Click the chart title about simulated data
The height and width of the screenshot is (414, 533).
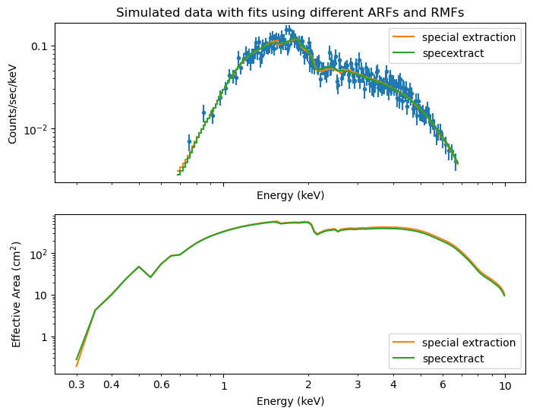(x=289, y=13)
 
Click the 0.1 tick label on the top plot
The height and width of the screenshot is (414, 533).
(x=39, y=46)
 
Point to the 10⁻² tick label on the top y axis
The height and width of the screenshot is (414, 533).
(x=36, y=129)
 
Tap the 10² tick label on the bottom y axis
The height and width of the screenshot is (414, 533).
(x=38, y=254)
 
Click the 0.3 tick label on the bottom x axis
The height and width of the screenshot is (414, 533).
(x=77, y=385)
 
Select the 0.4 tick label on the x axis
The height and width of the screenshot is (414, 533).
(x=112, y=385)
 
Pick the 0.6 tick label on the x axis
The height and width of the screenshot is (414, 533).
(x=161, y=385)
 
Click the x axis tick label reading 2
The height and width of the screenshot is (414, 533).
(x=307, y=385)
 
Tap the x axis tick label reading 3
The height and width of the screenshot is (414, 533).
(x=358, y=385)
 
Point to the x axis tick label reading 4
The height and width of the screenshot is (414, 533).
(x=393, y=385)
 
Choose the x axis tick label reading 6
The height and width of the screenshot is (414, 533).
(x=443, y=385)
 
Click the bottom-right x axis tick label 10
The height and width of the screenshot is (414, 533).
(x=505, y=385)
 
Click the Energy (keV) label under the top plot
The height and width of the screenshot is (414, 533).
(x=290, y=195)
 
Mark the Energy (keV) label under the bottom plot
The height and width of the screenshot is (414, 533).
(x=290, y=400)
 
